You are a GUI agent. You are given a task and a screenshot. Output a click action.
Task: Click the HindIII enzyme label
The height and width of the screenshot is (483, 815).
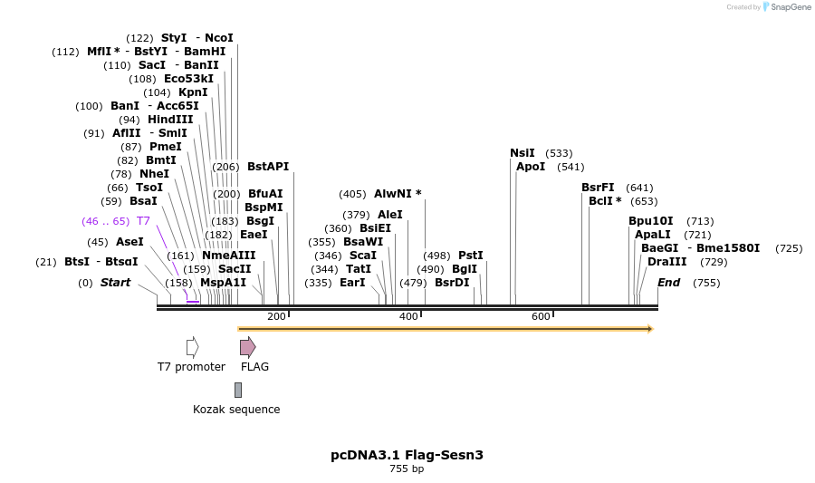(170, 120)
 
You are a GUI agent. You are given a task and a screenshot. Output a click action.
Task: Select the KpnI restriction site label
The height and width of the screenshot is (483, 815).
(193, 92)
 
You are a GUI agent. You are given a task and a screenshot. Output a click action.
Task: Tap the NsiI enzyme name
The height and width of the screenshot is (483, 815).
(523, 153)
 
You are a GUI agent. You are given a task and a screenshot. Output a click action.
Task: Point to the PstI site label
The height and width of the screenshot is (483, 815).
(471, 256)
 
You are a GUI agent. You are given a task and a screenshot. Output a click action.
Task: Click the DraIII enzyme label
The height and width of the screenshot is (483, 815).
(666, 262)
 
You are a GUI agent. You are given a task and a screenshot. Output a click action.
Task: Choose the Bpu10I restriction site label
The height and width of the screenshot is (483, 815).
(651, 221)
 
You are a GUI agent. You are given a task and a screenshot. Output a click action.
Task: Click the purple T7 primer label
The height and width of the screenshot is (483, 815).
(143, 221)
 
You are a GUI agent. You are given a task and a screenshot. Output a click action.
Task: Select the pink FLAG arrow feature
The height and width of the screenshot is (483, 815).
(248, 347)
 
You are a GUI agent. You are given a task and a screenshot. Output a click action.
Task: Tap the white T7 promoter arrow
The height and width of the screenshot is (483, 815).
(192, 347)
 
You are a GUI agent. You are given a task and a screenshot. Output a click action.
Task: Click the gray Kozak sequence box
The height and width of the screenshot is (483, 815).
(238, 390)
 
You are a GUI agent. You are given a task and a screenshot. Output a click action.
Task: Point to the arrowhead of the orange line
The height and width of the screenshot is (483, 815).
(650, 329)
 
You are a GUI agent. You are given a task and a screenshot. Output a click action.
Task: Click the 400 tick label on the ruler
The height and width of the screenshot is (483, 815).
(409, 316)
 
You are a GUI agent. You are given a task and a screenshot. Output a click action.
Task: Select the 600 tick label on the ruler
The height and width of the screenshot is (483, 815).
(542, 316)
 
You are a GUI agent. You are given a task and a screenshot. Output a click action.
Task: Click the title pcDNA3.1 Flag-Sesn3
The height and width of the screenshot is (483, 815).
(407, 455)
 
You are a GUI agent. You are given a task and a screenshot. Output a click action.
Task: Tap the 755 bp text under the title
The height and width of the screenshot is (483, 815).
(407, 469)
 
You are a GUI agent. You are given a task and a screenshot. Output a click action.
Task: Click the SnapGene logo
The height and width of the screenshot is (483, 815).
(787, 6)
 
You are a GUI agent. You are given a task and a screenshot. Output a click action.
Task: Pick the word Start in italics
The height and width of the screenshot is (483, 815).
(115, 283)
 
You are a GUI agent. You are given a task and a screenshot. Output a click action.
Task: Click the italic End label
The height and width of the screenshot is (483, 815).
(669, 283)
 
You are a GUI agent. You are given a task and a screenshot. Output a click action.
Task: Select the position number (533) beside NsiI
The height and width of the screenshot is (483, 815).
(559, 153)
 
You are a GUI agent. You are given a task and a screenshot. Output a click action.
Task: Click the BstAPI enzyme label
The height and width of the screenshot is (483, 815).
(268, 167)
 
